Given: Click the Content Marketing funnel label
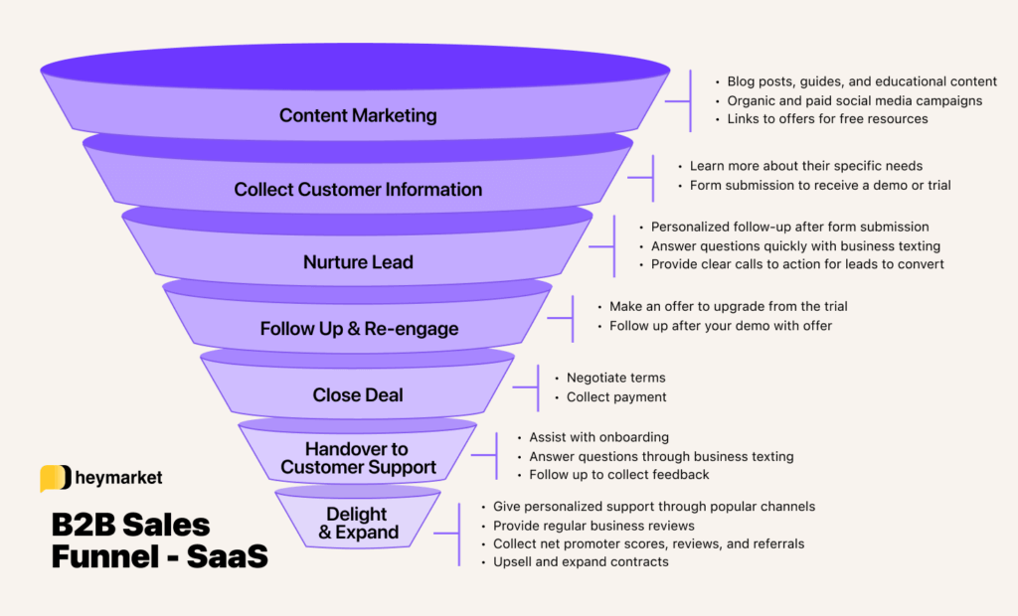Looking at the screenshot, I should tap(358, 115).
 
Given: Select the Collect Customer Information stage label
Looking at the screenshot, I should tap(358, 189).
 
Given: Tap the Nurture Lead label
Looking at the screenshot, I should tap(358, 262).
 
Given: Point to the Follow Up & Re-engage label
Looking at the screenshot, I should tap(359, 329).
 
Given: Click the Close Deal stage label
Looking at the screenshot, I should tap(358, 394).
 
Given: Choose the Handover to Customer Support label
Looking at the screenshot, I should tap(358, 458).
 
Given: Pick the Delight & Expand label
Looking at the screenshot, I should tap(357, 523).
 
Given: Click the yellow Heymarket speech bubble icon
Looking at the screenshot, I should tap(55, 478).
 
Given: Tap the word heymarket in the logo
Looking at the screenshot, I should tap(118, 478).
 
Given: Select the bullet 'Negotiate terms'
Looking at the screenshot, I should tap(615, 378).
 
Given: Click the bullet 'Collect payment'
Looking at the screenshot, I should tap(616, 397).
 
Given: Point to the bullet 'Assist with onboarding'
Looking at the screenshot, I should tap(598, 437).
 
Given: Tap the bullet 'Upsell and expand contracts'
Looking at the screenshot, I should tap(581, 562).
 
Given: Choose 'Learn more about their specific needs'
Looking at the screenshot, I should tap(806, 166).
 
